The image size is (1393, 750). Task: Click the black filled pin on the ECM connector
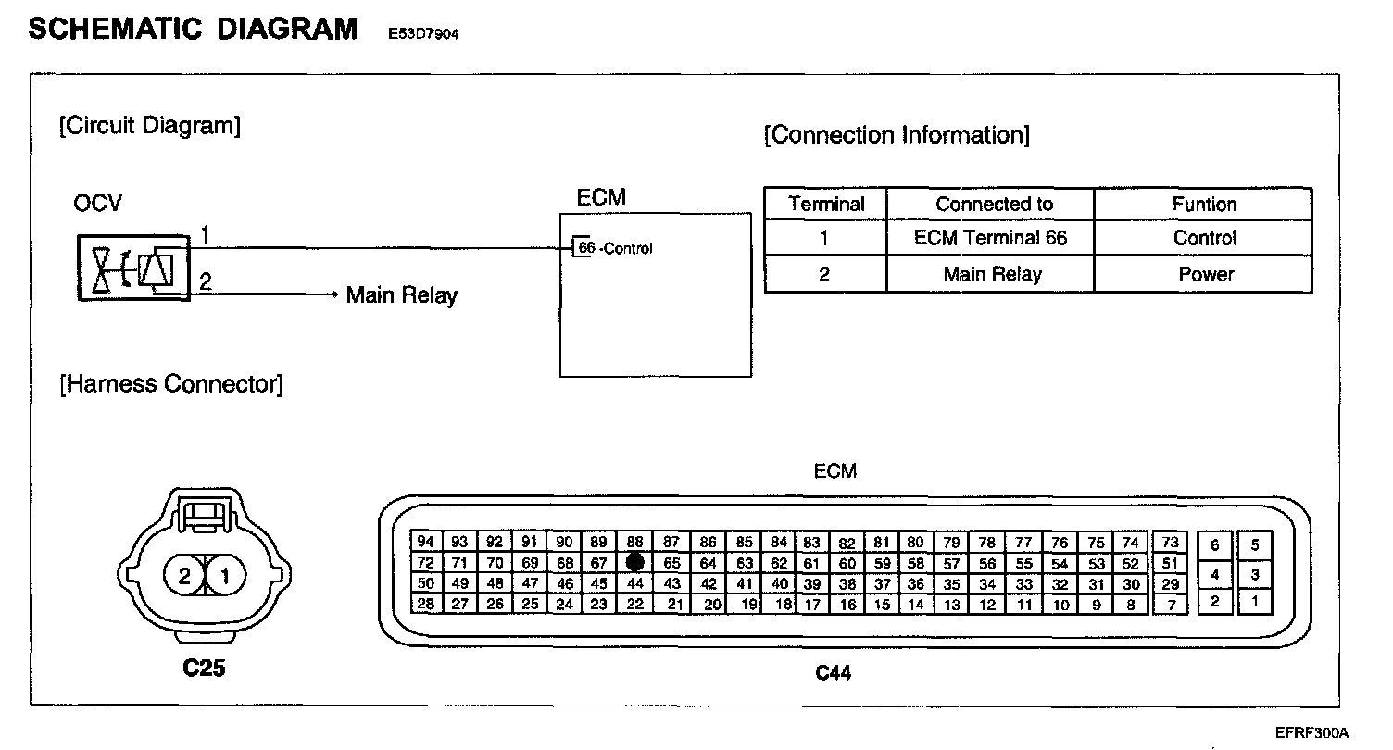(x=634, y=562)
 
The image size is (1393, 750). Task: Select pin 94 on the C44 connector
(x=425, y=543)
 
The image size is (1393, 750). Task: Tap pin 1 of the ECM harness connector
(x=1254, y=602)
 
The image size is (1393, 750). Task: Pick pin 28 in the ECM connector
(x=425, y=604)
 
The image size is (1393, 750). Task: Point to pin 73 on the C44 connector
(x=1171, y=543)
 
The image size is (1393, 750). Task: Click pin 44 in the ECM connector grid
(x=634, y=583)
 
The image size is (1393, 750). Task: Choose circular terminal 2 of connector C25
(x=184, y=578)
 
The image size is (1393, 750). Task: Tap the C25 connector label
(x=204, y=669)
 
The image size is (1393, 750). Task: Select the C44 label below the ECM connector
(x=833, y=673)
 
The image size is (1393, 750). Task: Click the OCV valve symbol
(x=133, y=269)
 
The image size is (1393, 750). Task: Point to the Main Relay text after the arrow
(x=401, y=295)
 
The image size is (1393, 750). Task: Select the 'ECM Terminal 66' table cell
(x=990, y=238)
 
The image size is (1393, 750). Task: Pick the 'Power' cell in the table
(x=1205, y=274)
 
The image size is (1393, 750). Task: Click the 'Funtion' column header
(x=1204, y=205)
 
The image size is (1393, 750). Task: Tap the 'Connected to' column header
(x=994, y=205)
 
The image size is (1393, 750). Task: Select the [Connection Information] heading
(x=896, y=135)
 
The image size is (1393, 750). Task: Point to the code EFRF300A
(x=1311, y=732)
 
